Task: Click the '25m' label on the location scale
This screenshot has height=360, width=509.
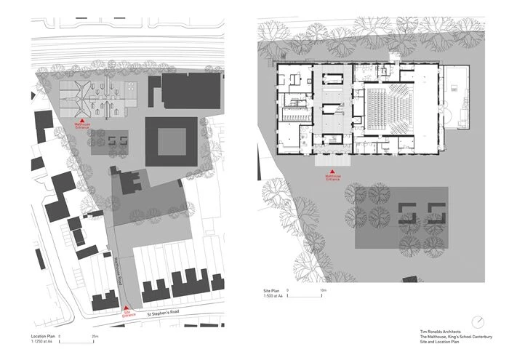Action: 95,337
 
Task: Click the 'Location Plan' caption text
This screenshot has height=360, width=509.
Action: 43,337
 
